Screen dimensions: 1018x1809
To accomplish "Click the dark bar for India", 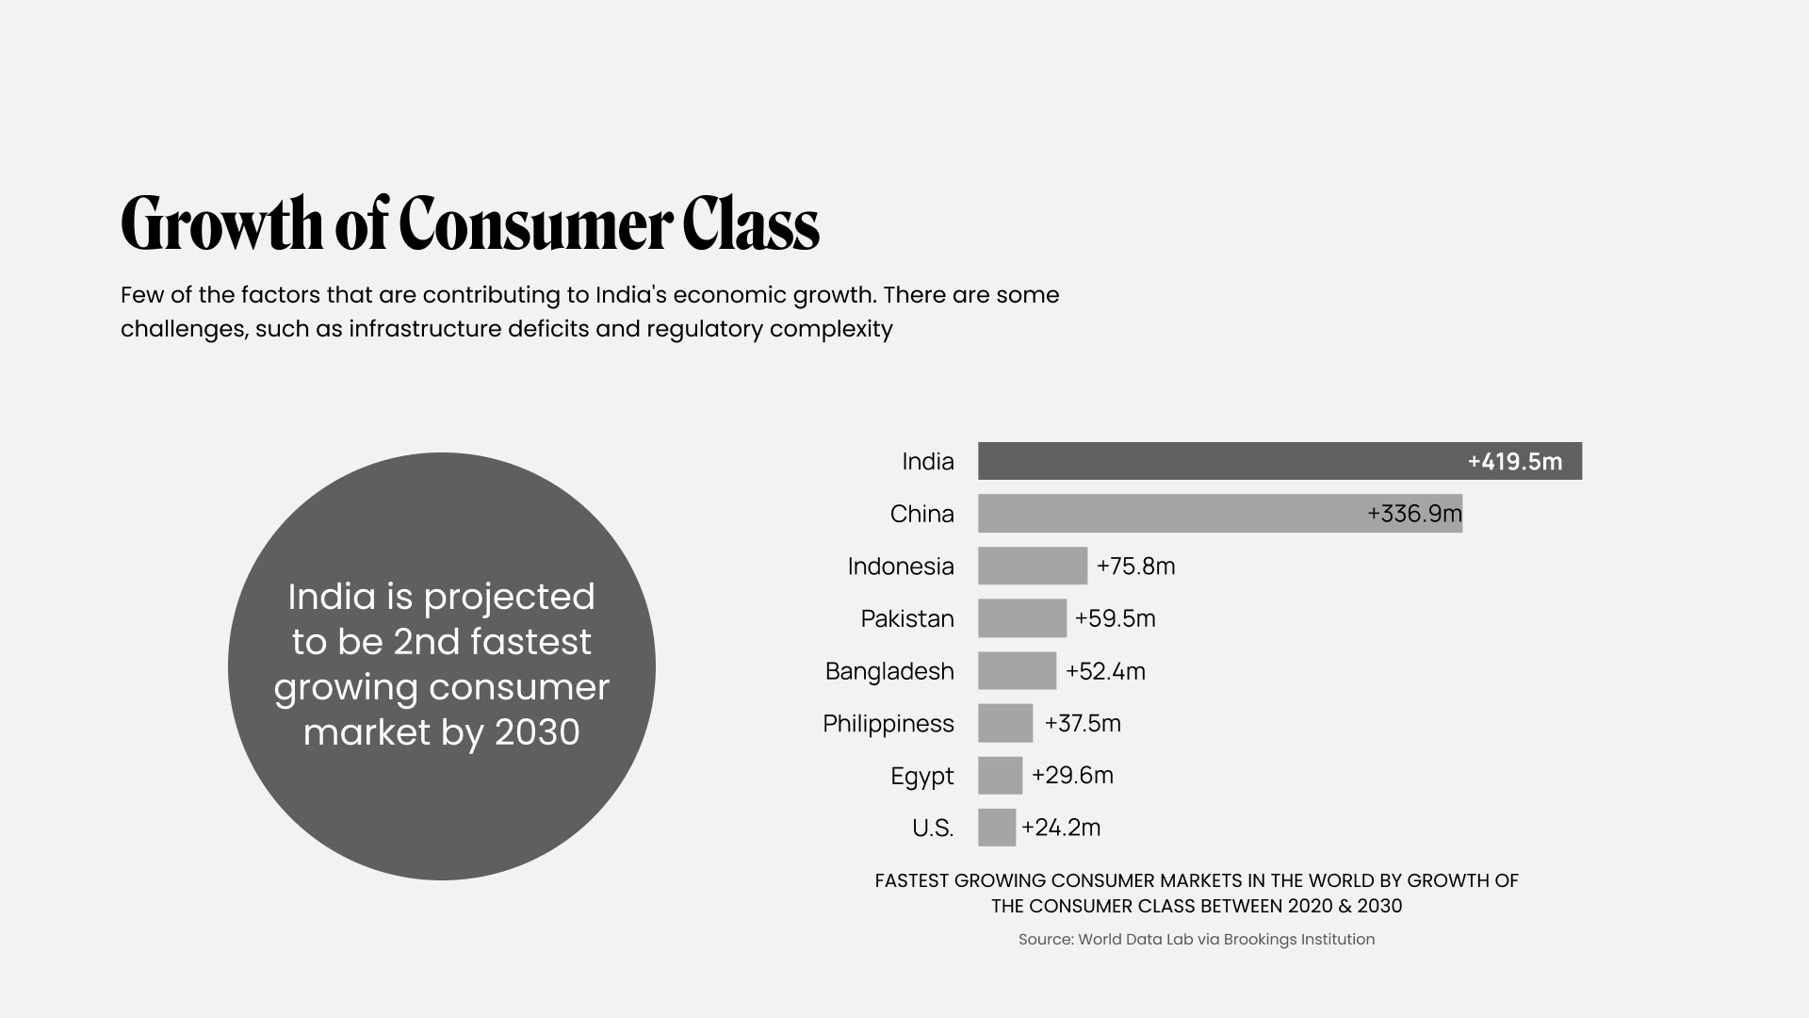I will (1215, 461).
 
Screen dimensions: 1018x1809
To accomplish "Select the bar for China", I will (1168, 514).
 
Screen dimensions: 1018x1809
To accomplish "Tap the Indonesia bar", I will (1032, 566).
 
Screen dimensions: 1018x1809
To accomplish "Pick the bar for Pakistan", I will (1021, 618).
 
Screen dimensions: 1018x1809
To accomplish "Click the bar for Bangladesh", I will (1017, 671).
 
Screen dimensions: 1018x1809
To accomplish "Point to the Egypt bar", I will (1000, 776).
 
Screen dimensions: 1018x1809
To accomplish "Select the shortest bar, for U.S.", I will (997, 828).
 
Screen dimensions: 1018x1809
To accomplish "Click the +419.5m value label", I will (1514, 462).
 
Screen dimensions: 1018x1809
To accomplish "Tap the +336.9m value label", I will (1413, 514).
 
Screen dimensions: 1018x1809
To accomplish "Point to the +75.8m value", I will (1135, 566).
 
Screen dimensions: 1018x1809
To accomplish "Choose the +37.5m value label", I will (1082, 723).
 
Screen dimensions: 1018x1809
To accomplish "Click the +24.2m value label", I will (1061, 828).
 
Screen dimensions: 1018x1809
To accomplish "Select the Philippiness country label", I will (888, 723).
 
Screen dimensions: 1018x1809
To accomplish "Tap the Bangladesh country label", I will (888, 671).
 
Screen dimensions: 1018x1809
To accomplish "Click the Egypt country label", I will (921, 776).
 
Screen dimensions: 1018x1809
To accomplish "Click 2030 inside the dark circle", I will (537, 732).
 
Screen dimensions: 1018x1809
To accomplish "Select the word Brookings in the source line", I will (1260, 939).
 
